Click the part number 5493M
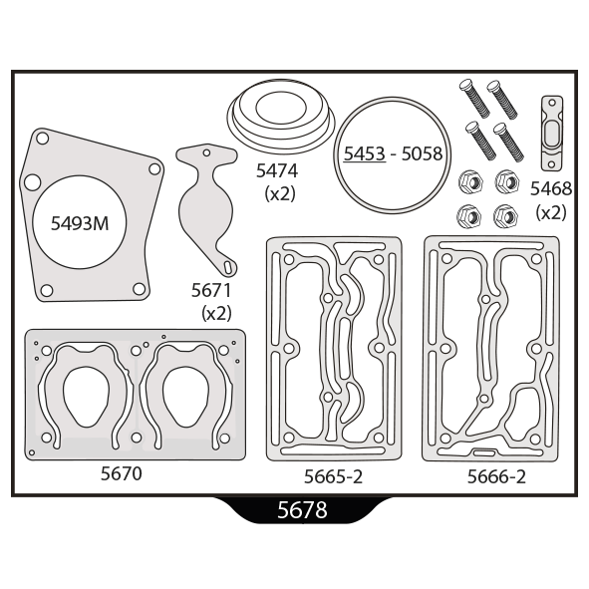pos(80,223)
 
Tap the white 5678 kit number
pos(302,510)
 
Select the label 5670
pos(122,473)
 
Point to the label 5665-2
pos(333,476)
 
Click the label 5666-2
pos(496,476)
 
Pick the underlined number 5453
pos(365,153)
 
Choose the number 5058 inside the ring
pos(422,153)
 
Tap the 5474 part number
pos(277,170)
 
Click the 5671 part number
pos(211,290)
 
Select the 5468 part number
pos(551,188)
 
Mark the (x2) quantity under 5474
pos(280,193)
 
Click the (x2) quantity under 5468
pos(551,213)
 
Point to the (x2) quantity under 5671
pos(216,313)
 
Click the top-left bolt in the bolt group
pos(474,99)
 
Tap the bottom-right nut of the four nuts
pos(505,216)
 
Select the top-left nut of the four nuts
pos(470,182)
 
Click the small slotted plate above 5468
pos(551,134)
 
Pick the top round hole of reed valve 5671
pos(206,152)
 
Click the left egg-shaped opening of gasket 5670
pos(87,397)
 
